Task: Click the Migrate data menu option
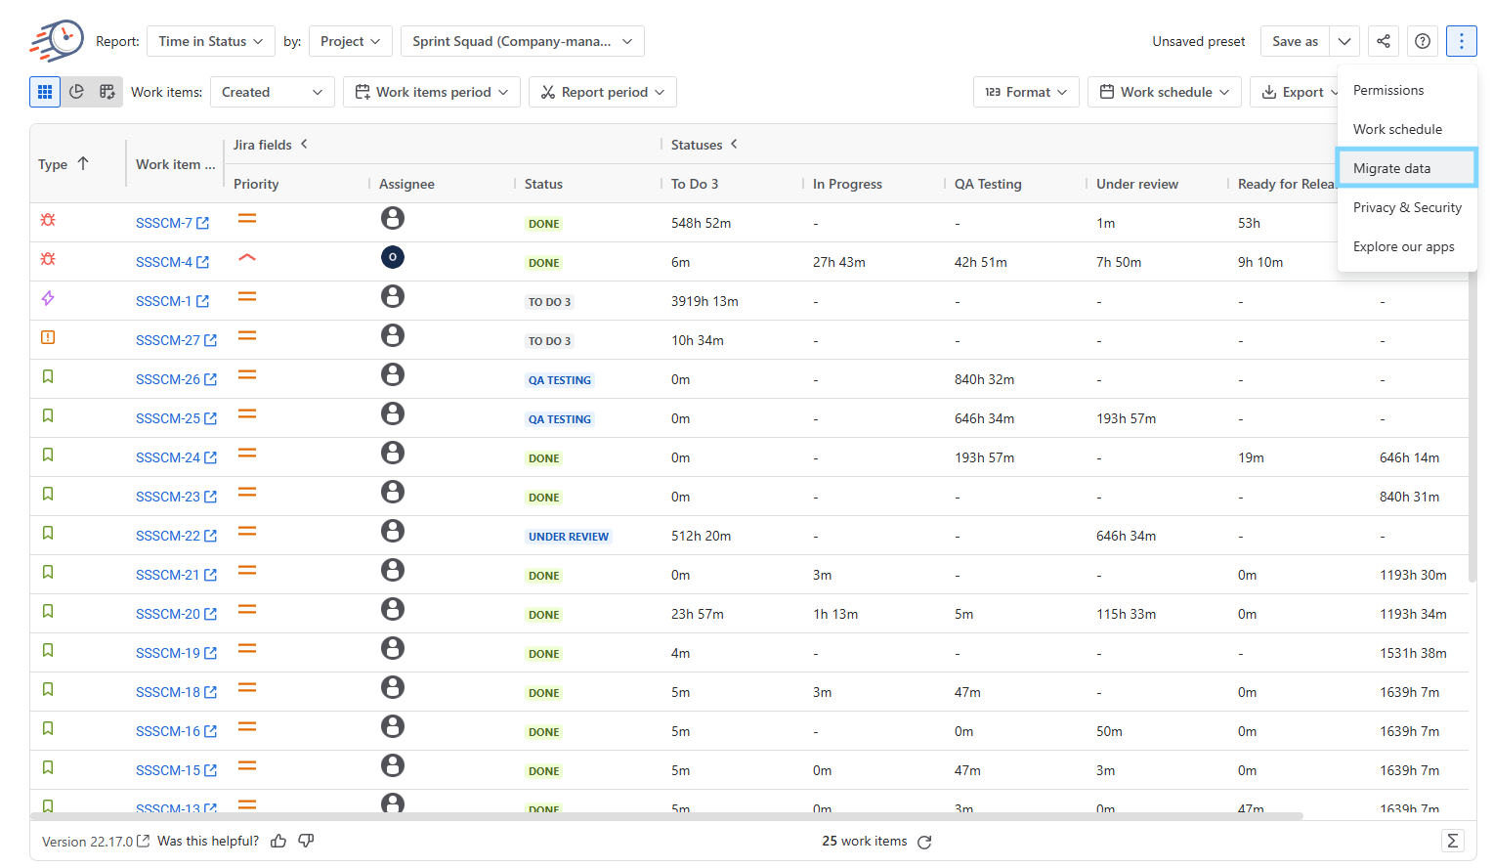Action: pos(1406,168)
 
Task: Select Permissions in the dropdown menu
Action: pos(1387,90)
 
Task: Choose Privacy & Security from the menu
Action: pos(1406,207)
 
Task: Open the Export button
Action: pos(1295,92)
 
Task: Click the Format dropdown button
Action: pos(1026,92)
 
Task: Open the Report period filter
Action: pos(603,92)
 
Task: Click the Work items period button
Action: pos(431,92)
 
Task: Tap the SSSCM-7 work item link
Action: pos(172,223)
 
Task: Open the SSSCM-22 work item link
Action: pos(176,536)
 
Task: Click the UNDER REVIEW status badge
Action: pos(568,536)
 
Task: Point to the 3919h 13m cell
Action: pos(704,301)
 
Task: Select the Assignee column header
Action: pos(406,184)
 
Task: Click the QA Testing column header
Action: pos(988,184)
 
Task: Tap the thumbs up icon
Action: pos(278,842)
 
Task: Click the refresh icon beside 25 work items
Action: pos(924,842)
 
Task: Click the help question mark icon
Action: pos(1423,41)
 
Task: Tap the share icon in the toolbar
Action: pos(1383,41)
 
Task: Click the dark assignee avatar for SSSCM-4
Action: pos(393,257)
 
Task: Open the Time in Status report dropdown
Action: pos(211,41)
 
